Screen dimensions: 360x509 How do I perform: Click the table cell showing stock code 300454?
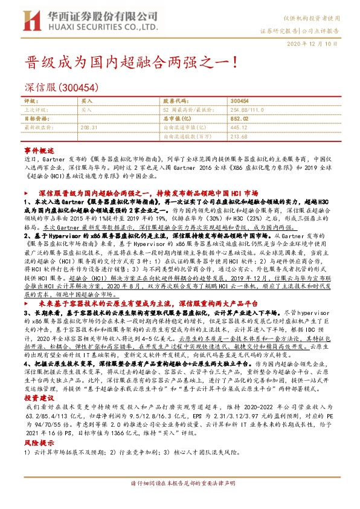pos(240,101)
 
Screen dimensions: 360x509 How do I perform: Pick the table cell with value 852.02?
pos(240,119)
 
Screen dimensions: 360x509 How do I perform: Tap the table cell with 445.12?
pos(240,128)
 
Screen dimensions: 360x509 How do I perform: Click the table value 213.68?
pos(240,137)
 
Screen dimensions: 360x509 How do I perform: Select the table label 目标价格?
pos(36,119)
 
